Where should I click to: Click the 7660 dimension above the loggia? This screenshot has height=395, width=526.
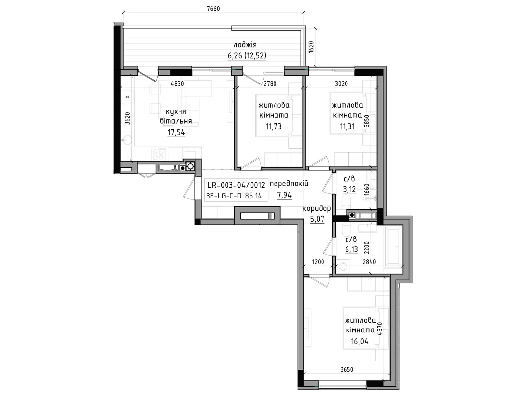pos(213,9)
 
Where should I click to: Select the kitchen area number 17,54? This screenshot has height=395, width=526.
pos(176,133)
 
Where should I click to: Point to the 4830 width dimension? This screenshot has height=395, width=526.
pos(177,84)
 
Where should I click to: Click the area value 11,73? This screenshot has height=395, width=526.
pos(274,126)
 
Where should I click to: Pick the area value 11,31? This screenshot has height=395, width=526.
pos(347,126)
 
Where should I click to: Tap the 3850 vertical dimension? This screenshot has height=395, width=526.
pos(367,121)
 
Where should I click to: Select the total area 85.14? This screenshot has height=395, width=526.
pos(253,196)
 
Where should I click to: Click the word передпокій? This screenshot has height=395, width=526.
pos(289,184)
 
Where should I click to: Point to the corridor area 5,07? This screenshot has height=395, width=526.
pos(317,219)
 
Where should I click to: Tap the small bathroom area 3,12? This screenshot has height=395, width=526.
pos(349,189)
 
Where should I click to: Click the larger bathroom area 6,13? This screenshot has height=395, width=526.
pos(351,250)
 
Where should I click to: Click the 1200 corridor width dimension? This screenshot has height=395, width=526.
pos(318,262)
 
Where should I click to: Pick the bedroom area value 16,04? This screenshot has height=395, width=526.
pos(359,341)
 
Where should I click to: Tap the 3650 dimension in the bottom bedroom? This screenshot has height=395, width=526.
pos(347,370)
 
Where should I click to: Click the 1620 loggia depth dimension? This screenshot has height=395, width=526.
pos(311,47)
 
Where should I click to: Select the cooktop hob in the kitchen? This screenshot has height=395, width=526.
pos(158,153)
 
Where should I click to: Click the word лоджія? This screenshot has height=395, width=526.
pos(245,45)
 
